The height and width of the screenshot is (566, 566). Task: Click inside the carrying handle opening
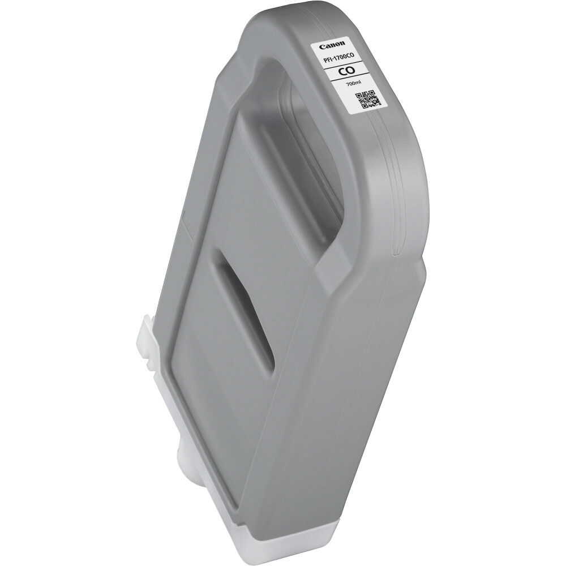(306, 130)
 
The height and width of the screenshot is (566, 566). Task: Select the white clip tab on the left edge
(149, 340)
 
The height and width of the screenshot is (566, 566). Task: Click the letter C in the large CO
(341, 71)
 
